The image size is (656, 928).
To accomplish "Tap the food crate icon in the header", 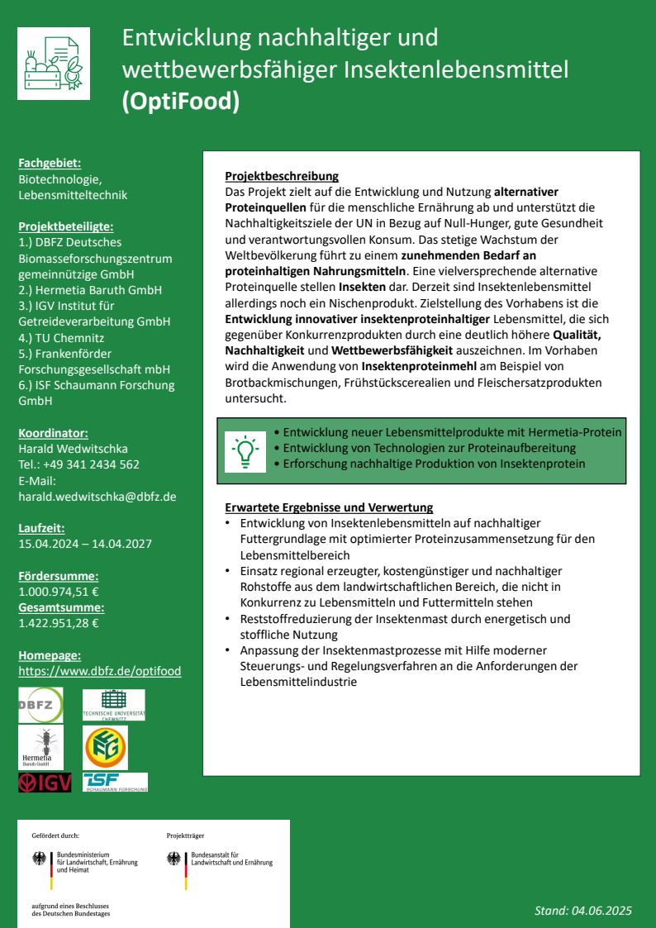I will (x=54, y=64).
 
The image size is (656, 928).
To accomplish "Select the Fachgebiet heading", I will (x=50, y=164).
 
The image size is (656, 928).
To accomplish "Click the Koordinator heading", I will (x=53, y=432).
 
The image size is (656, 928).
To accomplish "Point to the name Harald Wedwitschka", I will (x=73, y=448).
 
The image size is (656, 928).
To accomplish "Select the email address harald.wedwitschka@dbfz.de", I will (x=97, y=497).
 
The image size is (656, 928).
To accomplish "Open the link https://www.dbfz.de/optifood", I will (x=99, y=671).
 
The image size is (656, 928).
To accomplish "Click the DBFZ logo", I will (x=40, y=705).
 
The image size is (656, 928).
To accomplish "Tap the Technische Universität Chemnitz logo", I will (x=113, y=705).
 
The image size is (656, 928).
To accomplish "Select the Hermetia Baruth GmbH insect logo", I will (x=40, y=747).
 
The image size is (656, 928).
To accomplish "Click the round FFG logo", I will (x=106, y=747).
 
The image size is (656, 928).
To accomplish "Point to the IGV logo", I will (x=45, y=783).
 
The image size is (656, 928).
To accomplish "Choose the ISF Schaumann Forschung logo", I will (x=115, y=783).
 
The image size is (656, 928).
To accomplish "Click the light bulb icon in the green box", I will (x=245, y=451).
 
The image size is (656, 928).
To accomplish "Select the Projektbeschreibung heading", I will (x=282, y=176).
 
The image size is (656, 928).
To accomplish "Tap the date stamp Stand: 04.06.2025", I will (x=582, y=911).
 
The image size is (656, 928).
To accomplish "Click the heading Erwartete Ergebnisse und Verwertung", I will (x=329, y=507).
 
